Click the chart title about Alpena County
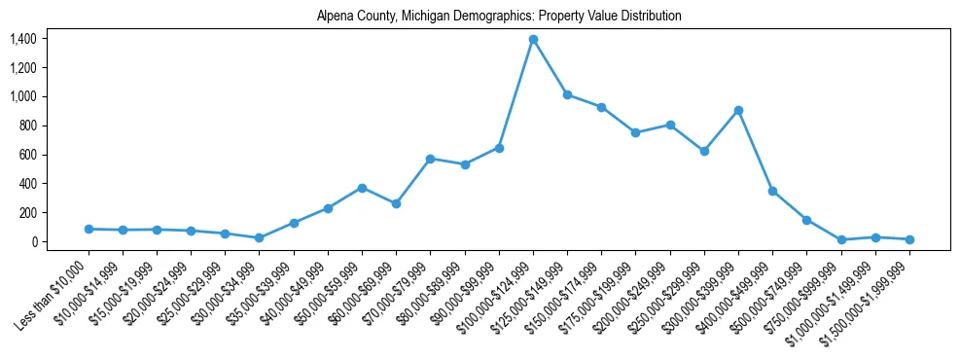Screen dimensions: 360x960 pos(499,17)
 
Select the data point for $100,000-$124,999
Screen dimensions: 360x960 pos(533,40)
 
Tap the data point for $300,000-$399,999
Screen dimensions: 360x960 pos(738,111)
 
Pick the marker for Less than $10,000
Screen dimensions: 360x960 pos(89,229)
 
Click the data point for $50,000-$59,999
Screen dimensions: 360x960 pos(362,188)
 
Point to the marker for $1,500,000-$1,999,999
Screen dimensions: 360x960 pos(909,239)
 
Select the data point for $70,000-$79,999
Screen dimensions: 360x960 pos(430,159)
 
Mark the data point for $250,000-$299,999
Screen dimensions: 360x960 pos(704,151)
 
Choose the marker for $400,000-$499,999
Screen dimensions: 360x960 pos(772,191)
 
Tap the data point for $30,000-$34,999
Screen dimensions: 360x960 pos(259,237)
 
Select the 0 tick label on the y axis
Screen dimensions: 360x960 pos(34,241)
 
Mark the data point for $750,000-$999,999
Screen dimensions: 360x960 pos(841,239)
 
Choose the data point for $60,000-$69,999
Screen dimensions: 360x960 pos(396,203)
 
